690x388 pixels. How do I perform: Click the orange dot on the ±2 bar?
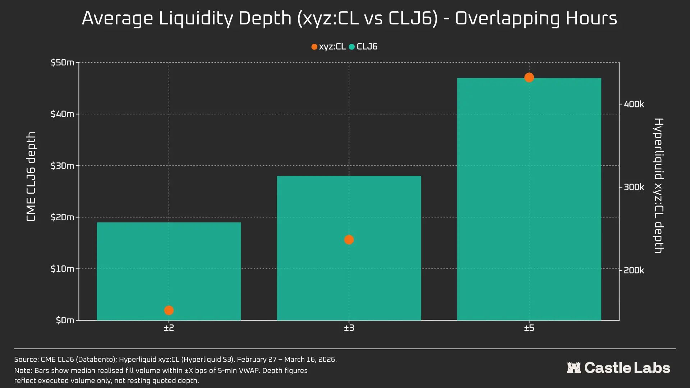click(169, 310)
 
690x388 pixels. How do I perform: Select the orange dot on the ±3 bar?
click(349, 240)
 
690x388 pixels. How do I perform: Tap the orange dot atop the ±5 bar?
click(529, 78)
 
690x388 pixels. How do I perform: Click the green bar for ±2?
click(169, 266)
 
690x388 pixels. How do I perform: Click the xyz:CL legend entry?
click(328, 47)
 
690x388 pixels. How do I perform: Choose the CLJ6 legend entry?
click(363, 47)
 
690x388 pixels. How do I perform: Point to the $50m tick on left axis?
click(62, 63)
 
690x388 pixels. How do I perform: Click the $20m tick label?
click(62, 217)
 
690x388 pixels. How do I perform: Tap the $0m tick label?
click(65, 320)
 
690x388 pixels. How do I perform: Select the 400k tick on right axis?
click(634, 104)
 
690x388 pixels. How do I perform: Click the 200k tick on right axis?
click(634, 270)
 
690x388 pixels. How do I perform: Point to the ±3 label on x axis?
click(349, 328)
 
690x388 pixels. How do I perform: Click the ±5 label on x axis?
click(529, 328)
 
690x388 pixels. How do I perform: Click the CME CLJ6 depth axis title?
click(31, 177)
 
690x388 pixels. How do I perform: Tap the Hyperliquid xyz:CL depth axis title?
click(658, 185)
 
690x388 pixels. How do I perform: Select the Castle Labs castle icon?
click(574, 368)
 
